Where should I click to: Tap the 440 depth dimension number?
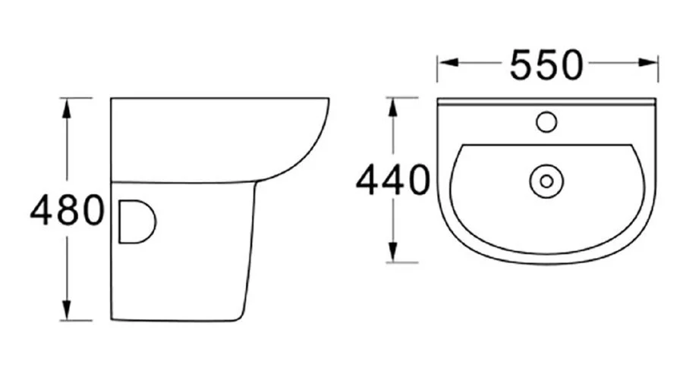392,181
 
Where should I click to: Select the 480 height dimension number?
67,210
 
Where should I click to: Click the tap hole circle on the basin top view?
546,121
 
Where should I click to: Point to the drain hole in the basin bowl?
545,181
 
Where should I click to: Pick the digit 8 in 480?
67,210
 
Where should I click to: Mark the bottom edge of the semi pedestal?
178,319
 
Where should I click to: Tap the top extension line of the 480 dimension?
76,98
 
